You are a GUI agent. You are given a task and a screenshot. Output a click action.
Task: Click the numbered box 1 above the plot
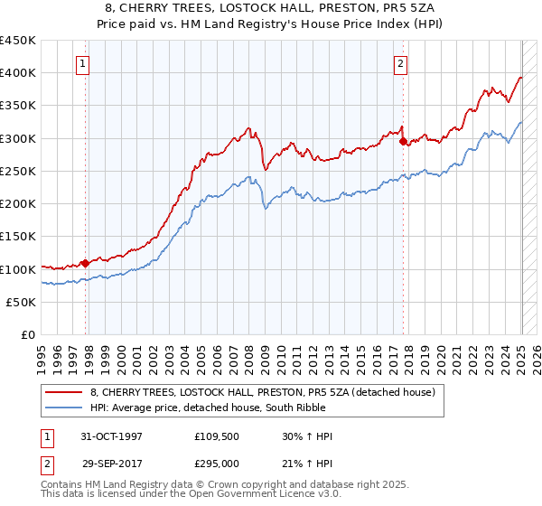(82, 63)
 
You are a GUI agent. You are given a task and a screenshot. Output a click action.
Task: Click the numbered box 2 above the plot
(399, 63)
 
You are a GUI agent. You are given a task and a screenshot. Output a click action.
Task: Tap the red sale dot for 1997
(86, 263)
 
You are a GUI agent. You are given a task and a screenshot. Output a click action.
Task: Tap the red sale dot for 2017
(403, 141)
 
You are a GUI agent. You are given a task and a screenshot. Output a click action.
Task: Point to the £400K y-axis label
(18, 72)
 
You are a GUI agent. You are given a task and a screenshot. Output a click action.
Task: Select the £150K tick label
(18, 237)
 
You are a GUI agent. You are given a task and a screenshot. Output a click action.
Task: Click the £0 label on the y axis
(29, 335)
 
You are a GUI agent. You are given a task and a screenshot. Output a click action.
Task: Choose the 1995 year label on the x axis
(42, 353)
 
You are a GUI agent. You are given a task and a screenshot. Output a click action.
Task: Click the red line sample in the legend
(65, 392)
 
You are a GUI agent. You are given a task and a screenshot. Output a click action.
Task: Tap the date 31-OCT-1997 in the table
(111, 436)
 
